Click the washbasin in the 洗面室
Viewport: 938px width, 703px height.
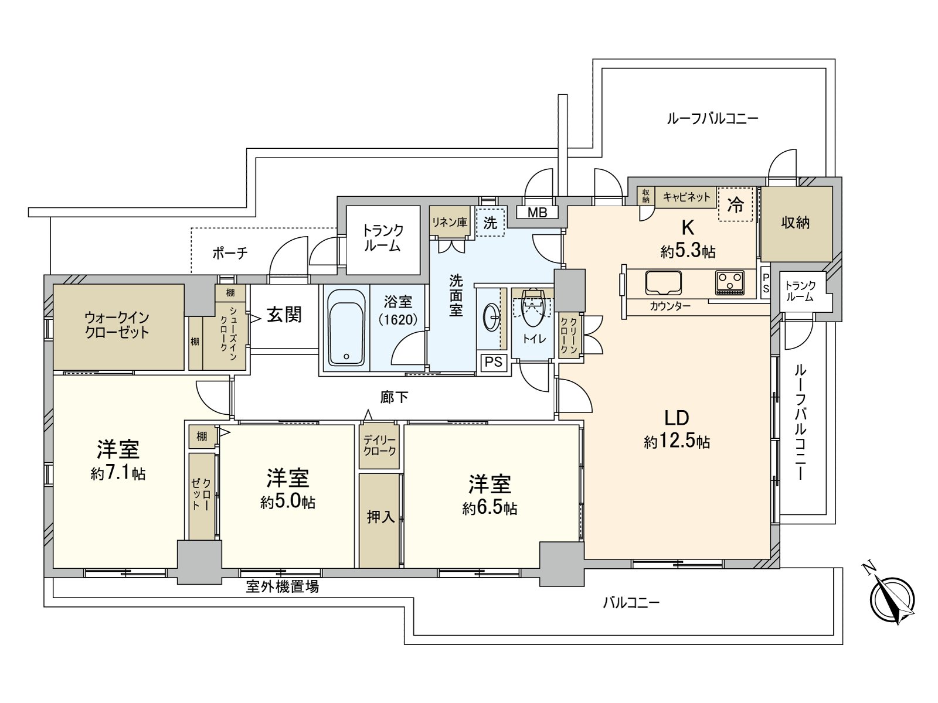coord(491,318)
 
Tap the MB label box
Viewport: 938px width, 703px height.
coord(537,213)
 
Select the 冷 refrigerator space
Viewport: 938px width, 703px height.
coord(735,204)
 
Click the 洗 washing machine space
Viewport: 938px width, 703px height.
coord(490,222)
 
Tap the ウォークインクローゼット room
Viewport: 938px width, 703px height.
coord(117,326)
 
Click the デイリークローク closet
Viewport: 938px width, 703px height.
coord(379,446)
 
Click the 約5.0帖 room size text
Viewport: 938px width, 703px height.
coord(288,503)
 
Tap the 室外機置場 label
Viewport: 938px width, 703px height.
coord(282,586)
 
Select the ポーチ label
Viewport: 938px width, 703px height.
coord(230,253)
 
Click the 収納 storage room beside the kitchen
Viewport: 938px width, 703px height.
coord(796,223)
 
